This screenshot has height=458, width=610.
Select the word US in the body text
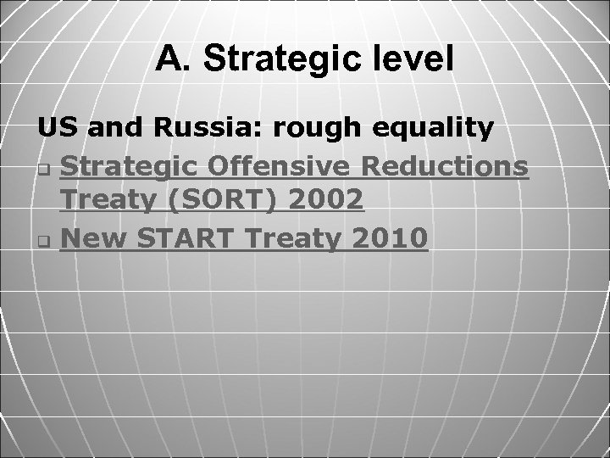coord(54,129)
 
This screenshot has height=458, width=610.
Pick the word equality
coord(437,129)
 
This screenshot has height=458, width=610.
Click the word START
coord(187,239)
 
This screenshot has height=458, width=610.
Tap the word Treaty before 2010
coord(297,239)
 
